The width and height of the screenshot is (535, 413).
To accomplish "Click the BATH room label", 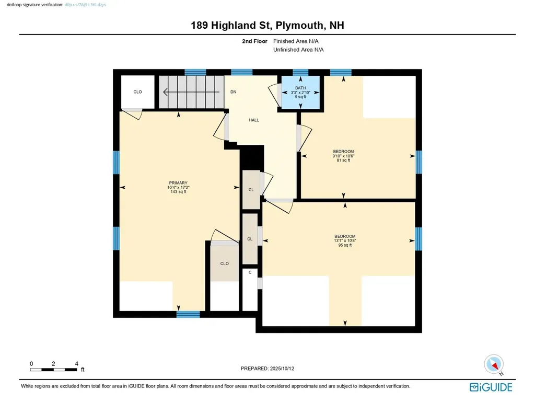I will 300,88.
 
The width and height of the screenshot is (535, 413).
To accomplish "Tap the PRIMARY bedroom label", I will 178,182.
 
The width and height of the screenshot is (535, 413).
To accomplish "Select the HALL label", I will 254,120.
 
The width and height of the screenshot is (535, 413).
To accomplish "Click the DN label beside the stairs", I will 234,92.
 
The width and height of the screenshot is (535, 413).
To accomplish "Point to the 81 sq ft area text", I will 343,160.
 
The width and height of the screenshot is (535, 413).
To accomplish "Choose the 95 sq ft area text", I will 345,245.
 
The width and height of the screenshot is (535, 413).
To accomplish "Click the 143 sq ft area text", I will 178,192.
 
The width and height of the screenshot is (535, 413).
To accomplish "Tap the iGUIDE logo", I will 491,387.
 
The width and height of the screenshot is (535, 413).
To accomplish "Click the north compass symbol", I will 493,364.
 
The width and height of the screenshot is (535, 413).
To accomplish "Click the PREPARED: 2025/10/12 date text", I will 271,369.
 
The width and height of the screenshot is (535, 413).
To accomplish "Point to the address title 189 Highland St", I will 267,26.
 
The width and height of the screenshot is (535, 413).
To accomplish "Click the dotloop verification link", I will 85,4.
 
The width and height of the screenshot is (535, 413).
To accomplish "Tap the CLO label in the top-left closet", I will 137,92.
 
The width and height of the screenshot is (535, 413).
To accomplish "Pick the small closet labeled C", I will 250,272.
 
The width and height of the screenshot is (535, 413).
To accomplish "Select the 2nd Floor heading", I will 254,41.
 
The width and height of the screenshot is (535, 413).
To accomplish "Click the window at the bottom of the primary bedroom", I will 188,314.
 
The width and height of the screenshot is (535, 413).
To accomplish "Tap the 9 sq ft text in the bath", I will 300,97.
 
